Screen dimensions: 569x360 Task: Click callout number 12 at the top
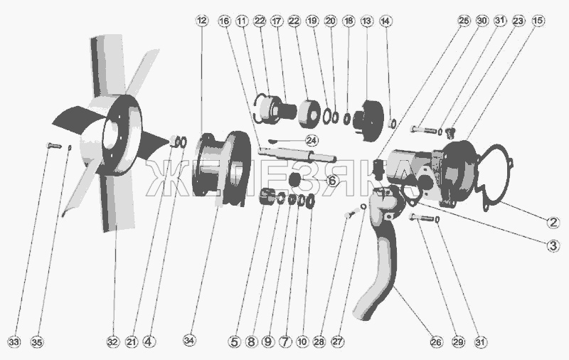click(x=202, y=21)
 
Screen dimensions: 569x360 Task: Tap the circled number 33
click(x=14, y=342)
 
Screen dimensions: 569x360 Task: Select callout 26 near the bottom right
click(x=436, y=342)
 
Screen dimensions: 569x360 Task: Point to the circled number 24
click(x=312, y=140)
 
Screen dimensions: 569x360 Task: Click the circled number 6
click(x=332, y=181)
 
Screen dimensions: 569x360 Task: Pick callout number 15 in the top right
click(x=538, y=21)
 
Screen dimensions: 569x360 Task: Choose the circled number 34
click(x=188, y=341)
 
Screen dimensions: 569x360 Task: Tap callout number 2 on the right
click(x=553, y=222)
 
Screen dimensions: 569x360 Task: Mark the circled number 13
click(x=366, y=21)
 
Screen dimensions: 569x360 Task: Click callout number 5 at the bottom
click(x=234, y=342)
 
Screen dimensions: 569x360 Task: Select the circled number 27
click(x=337, y=342)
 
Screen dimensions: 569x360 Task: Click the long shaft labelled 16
click(x=297, y=154)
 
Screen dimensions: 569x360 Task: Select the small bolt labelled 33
click(x=54, y=146)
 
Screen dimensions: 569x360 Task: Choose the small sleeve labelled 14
click(x=392, y=123)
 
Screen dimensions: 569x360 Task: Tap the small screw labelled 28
click(x=349, y=214)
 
